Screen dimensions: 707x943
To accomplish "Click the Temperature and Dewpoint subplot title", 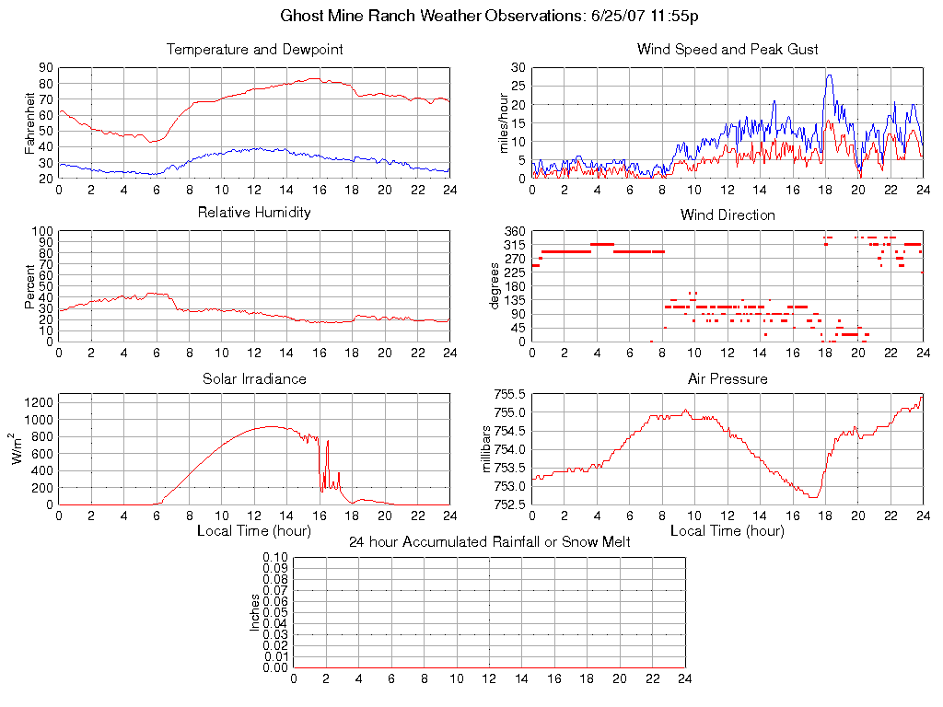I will (254, 50).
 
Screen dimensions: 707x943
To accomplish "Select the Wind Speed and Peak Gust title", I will (728, 50).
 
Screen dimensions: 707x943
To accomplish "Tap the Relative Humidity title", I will (254, 213).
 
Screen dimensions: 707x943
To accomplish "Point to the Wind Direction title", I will (728, 215).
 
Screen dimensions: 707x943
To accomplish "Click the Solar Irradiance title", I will (254, 378).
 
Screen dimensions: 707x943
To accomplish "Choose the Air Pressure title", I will (728, 378).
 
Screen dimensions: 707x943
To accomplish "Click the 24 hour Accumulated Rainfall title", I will (489, 541).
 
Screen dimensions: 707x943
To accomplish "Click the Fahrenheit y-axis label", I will (31, 122).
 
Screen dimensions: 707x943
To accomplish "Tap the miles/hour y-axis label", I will (504, 122).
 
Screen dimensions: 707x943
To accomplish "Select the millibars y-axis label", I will (490, 449).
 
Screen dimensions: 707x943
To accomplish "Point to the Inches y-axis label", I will (255, 612).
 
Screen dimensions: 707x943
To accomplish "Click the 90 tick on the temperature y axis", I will (44, 68).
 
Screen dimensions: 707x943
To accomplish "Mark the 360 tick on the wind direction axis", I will (514, 231).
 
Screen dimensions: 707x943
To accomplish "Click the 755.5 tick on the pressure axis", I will (509, 394).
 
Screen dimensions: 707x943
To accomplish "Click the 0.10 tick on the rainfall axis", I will (275, 557).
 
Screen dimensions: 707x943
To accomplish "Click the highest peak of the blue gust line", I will (829, 75).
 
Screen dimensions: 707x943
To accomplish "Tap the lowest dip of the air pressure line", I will (814, 497).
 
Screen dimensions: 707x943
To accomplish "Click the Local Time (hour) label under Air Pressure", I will (728, 530).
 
